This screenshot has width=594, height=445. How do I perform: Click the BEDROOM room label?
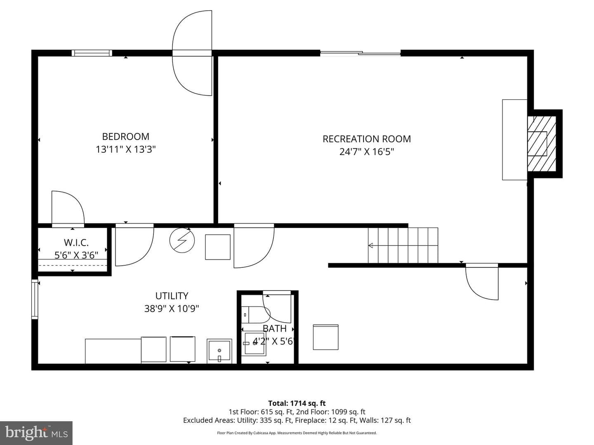coord(125,136)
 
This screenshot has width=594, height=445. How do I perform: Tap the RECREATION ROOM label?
coord(367,139)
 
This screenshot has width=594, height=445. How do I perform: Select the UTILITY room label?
coord(172,296)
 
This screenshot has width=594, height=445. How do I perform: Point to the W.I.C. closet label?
coord(76,242)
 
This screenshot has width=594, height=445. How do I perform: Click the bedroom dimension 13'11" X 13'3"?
coord(125,149)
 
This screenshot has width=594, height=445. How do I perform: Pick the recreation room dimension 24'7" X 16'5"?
coord(367,152)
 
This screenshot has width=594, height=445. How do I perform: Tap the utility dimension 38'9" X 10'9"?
coord(172,309)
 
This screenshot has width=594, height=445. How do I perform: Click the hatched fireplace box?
coord(542,143)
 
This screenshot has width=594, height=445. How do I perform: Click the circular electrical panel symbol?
coord(182,240)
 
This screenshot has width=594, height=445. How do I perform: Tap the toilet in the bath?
coord(255,315)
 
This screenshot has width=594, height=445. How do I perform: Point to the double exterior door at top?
coord(192,53)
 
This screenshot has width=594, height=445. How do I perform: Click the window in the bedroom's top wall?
coord(92,53)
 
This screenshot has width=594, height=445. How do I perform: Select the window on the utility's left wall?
coord(35,299)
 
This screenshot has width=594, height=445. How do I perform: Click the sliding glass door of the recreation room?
coord(360,53)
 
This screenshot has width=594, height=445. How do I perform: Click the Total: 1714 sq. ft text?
coord(297,403)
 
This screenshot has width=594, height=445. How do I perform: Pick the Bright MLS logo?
coord(36,433)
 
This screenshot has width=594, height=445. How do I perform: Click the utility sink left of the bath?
coord(219,351)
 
